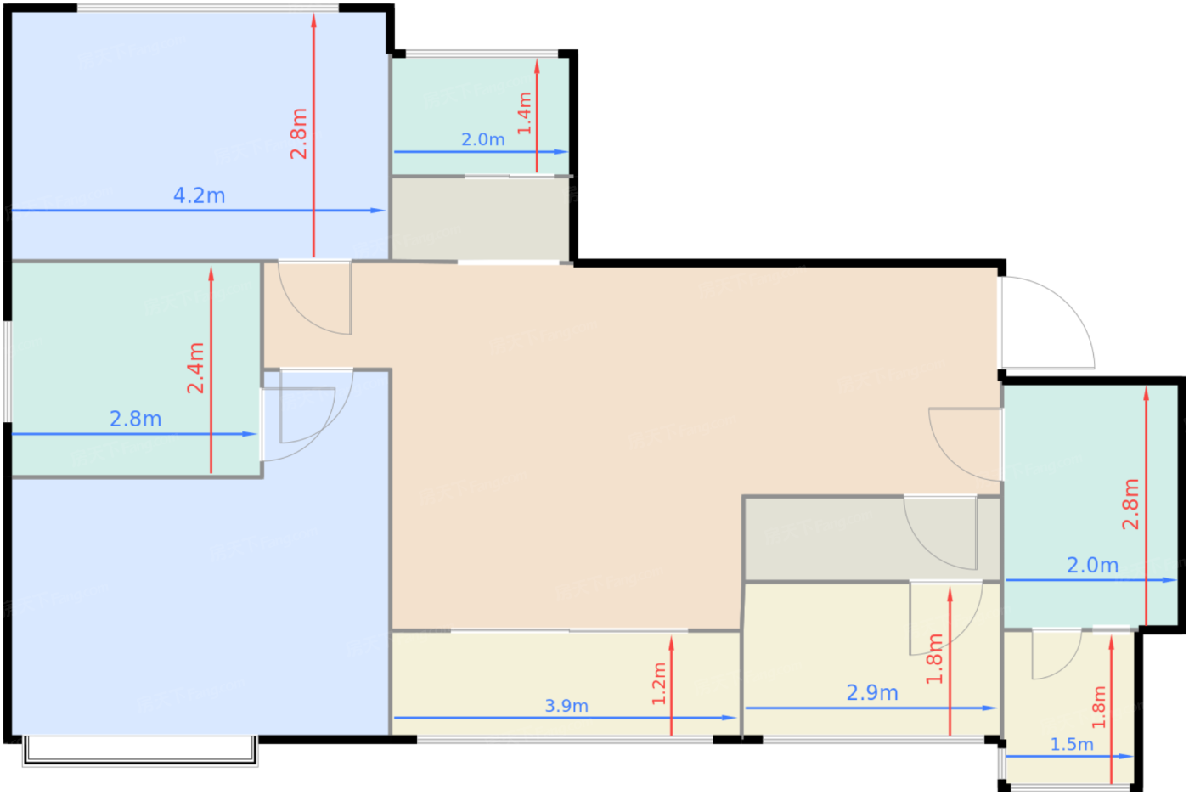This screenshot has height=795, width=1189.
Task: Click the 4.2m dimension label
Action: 199,196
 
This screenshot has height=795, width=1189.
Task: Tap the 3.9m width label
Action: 566,706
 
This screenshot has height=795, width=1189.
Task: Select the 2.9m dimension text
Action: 872,692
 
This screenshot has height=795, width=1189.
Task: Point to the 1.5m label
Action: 1072,745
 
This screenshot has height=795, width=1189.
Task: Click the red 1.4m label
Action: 525,113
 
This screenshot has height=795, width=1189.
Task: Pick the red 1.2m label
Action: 659,684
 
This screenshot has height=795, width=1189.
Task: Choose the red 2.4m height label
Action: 196,369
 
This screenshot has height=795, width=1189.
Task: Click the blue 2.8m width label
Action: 135,420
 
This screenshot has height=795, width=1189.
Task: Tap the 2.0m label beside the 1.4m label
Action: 482,139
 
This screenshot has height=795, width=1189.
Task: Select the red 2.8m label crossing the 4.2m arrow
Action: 299,133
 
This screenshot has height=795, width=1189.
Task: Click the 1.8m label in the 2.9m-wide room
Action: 935,658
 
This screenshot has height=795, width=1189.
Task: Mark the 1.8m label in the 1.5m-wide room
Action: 1099,707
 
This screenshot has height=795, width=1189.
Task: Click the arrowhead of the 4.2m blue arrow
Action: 378,211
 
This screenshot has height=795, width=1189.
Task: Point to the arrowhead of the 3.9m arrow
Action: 730,718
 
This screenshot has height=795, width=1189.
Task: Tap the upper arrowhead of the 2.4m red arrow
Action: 211,273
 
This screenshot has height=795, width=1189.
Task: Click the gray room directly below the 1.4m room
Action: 481,218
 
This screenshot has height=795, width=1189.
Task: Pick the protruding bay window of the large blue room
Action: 140,751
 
